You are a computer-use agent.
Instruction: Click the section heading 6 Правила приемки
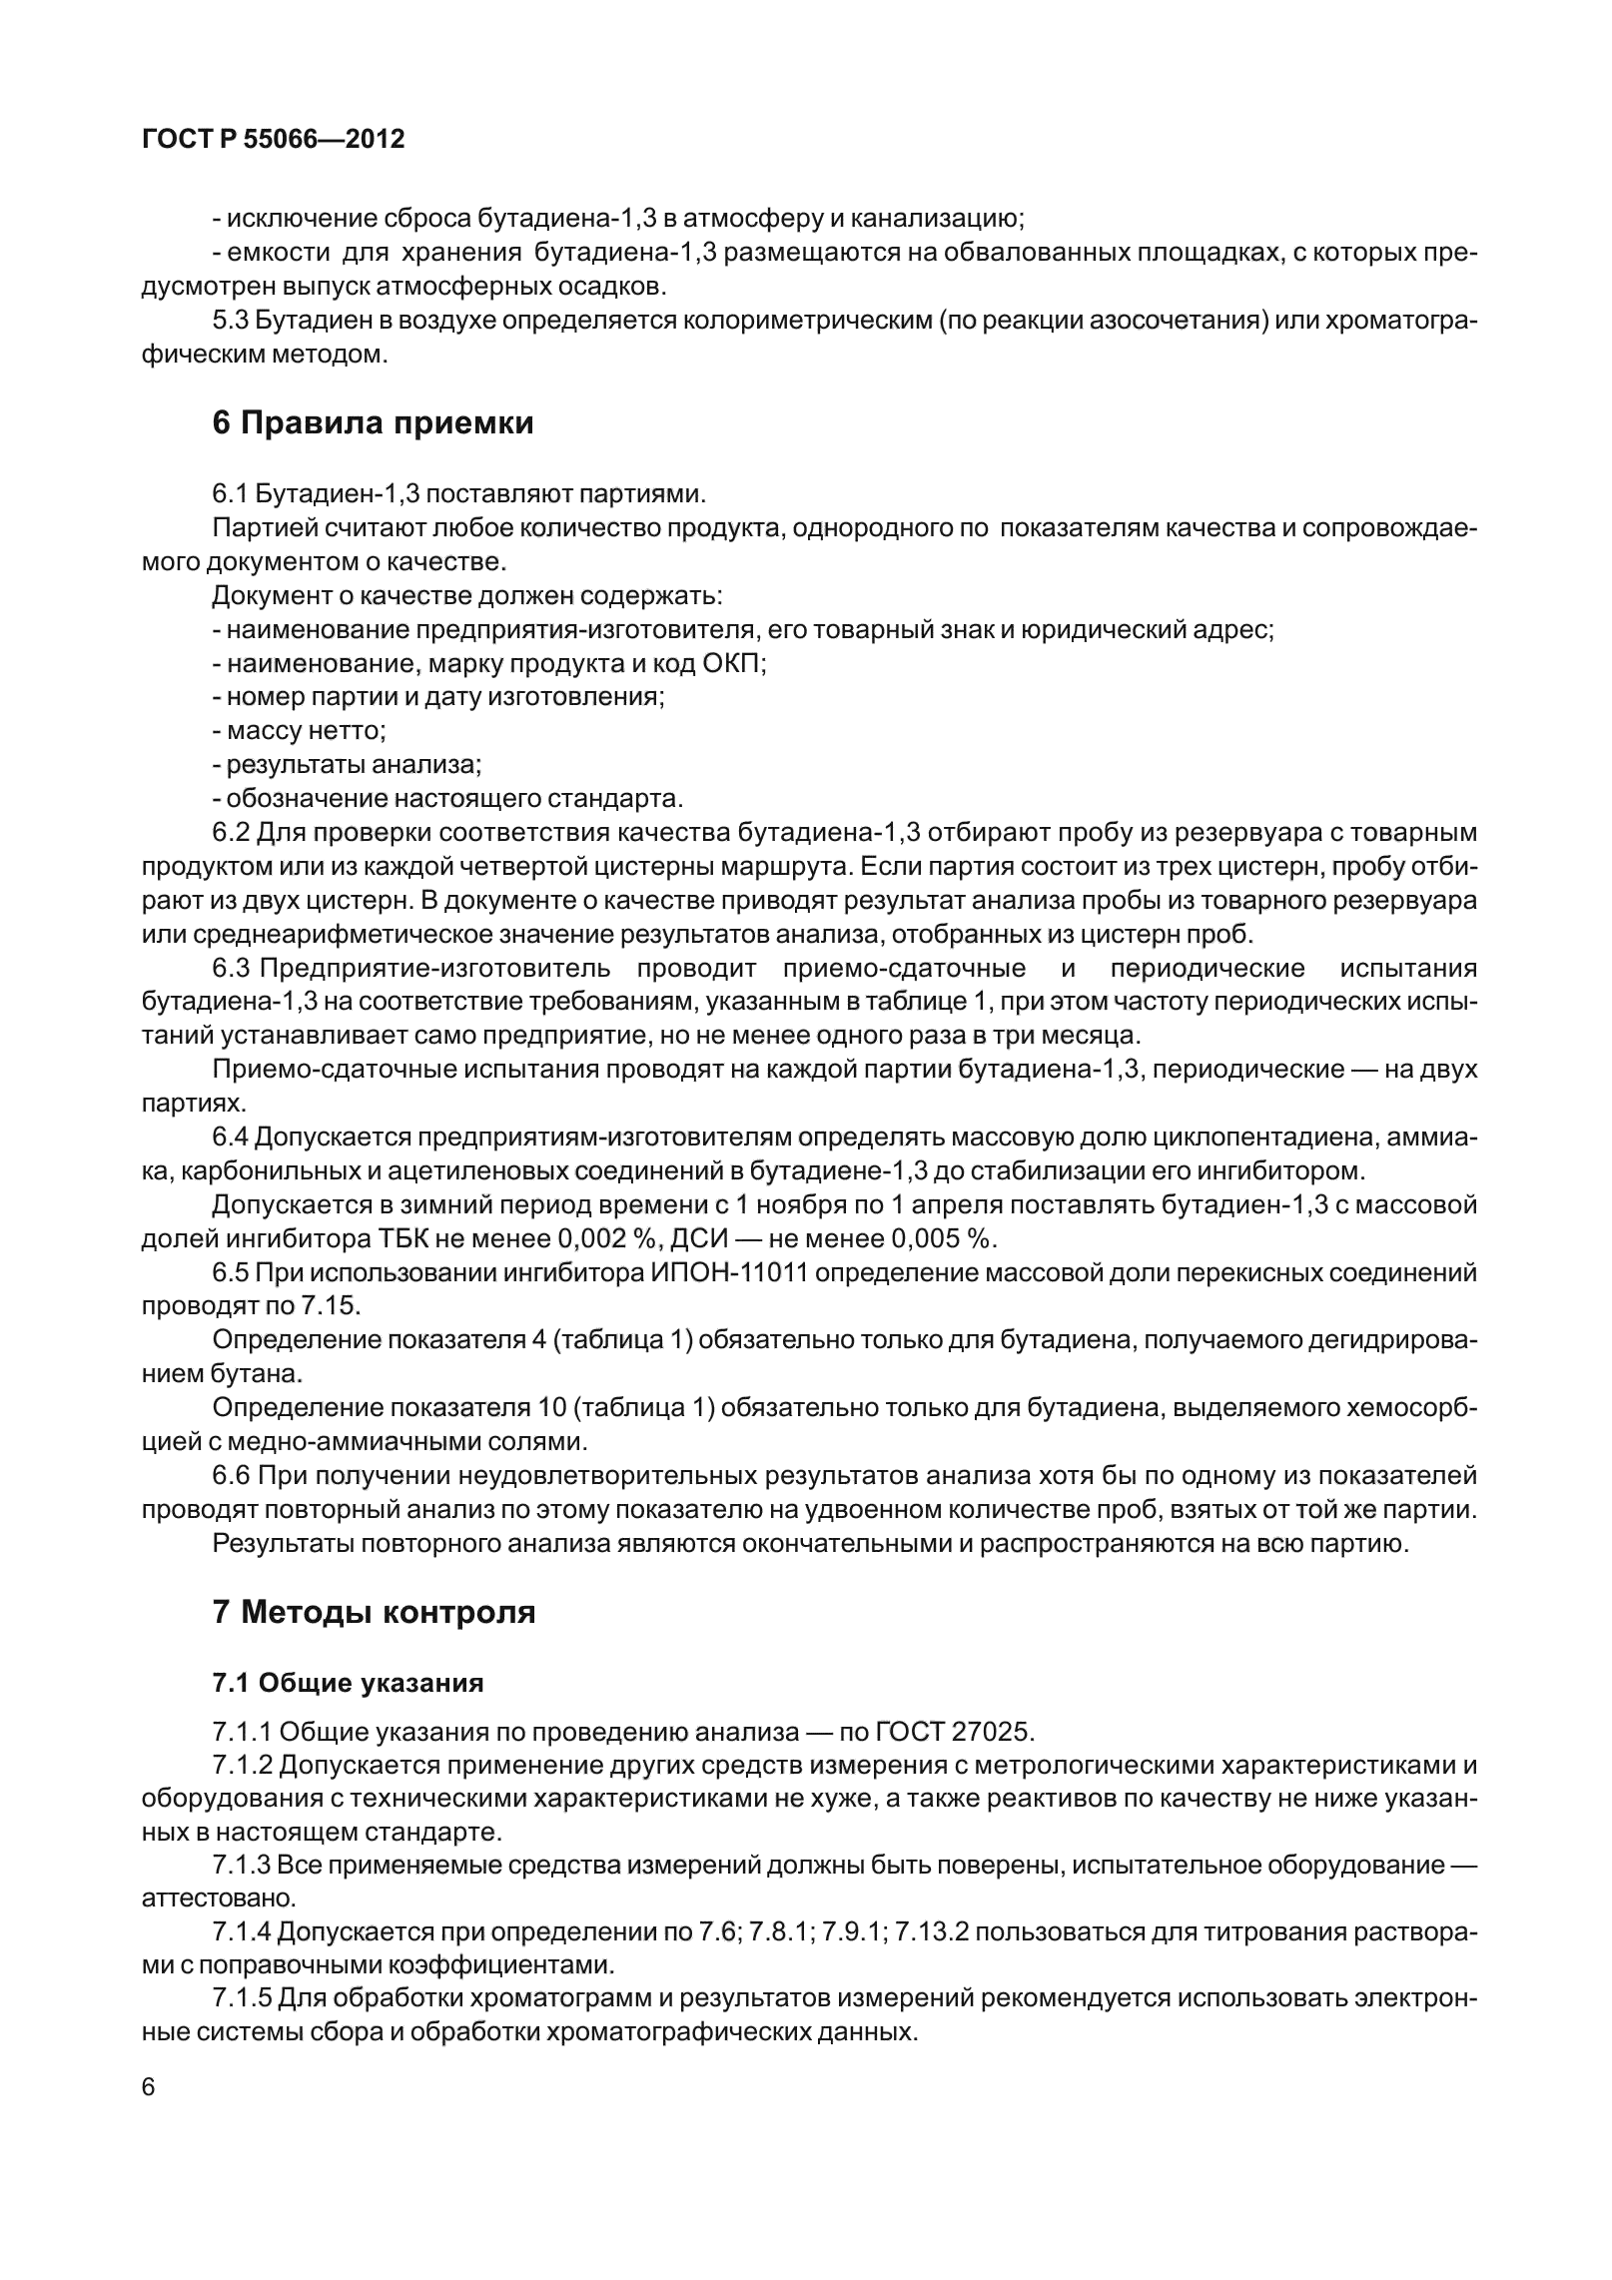point(373,422)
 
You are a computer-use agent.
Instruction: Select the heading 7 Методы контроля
point(374,1612)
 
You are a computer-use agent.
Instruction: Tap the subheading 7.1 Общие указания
point(348,1683)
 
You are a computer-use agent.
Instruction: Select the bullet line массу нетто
point(299,731)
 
